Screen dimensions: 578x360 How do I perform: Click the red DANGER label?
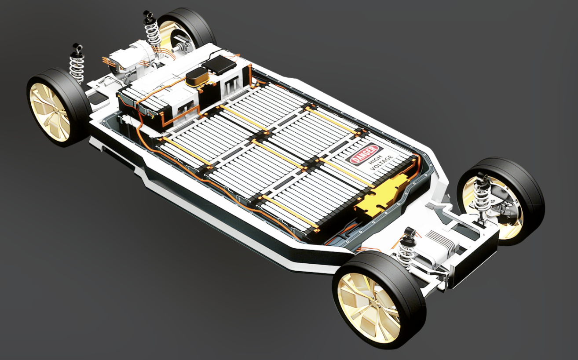pos(364,154)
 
